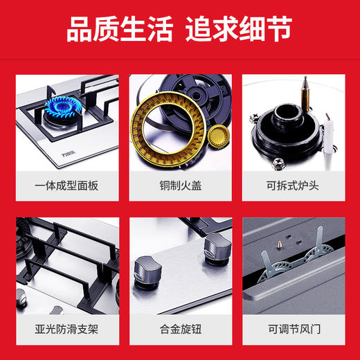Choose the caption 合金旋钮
179,327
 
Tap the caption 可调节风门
294,327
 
